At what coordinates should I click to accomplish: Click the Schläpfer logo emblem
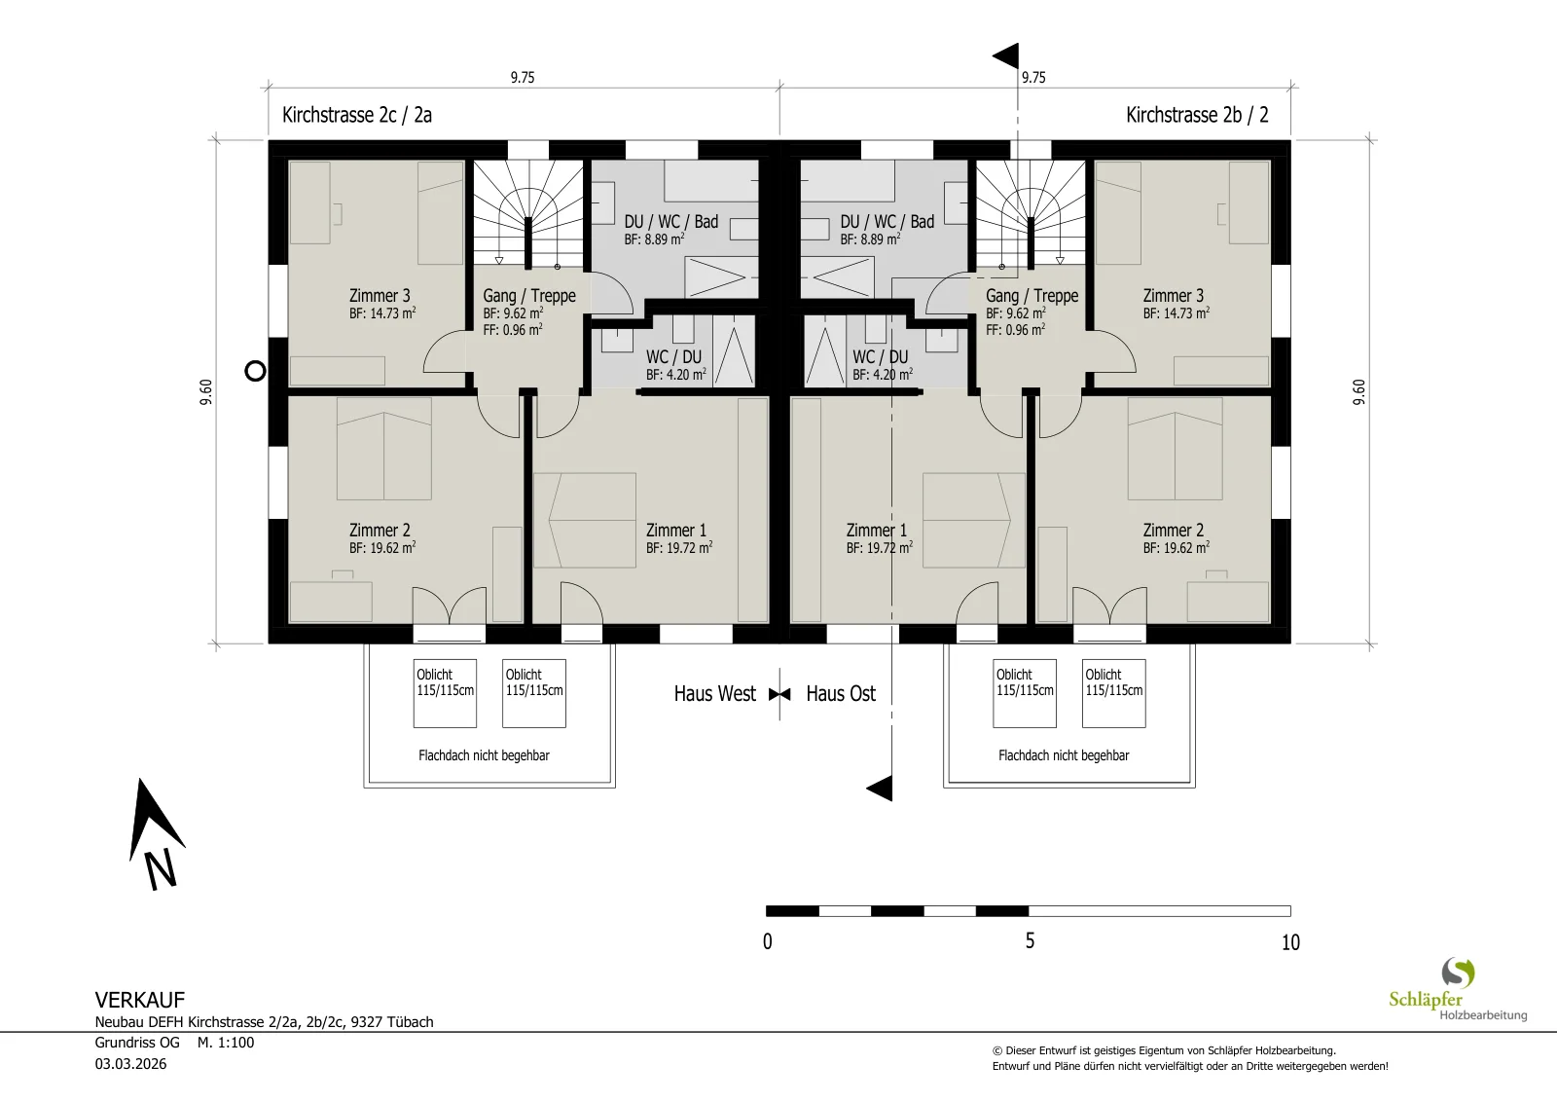click(1458, 973)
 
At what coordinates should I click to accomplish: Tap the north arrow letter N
click(162, 869)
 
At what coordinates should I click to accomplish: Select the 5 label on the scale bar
click(1030, 940)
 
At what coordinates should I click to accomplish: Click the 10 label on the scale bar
click(1290, 942)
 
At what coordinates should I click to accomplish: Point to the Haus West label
click(714, 694)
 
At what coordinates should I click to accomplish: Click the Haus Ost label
click(841, 694)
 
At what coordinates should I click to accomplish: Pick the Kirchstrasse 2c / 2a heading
click(356, 115)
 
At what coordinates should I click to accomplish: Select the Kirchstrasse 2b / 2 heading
click(1197, 115)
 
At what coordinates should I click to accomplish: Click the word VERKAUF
click(140, 1000)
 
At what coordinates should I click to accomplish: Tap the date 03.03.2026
click(130, 1064)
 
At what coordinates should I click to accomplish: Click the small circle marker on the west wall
click(255, 371)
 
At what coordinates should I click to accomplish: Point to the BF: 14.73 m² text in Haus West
click(382, 312)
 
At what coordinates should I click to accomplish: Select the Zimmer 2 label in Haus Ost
click(1174, 530)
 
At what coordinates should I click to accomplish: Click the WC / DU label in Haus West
click(673, 356)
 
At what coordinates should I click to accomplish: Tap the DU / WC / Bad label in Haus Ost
click(887, 222)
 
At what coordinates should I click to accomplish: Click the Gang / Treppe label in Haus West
click(529, 296)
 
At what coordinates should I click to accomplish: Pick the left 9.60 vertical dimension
click(206, 392)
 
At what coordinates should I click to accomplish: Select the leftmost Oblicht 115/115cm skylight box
click(445, 693)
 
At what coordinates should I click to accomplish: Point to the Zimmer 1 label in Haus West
click(675, 530)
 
